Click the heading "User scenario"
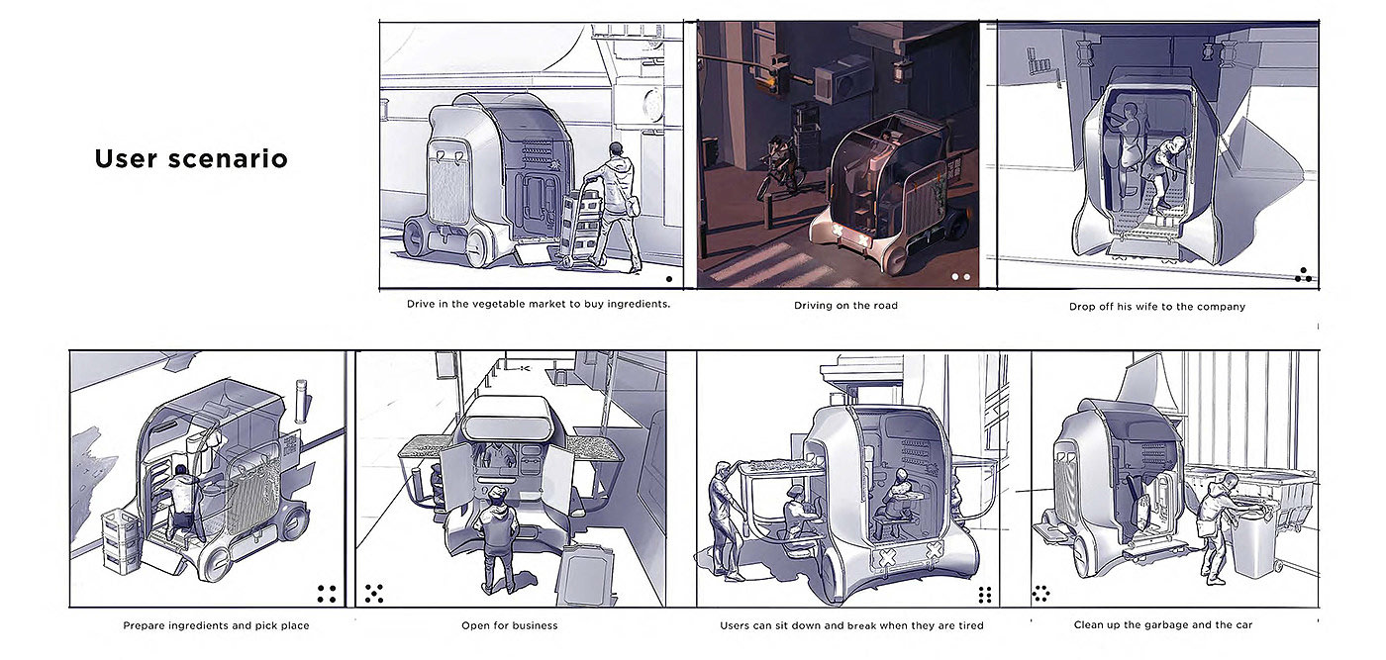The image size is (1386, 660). click(x=191, y=158)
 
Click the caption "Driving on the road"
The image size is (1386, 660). click(x=845, y=305)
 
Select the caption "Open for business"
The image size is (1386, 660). click(x=509, y=625)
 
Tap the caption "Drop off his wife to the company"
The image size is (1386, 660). click(x=1157, y=306)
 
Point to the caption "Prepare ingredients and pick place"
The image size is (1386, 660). click(x=216, y=625)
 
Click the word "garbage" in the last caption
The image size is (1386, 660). click(x=1168, y=624)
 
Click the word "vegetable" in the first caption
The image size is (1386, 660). click(x=481, y=304)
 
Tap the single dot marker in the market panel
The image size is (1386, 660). click(x=669, y=279)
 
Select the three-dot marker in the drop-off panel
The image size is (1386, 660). click(x=1303, y=275)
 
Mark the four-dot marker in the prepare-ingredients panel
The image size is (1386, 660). click(x=327, y=594)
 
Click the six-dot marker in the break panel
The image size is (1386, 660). click(x=985, y=595)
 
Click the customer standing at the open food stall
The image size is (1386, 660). click(x=499, y=538)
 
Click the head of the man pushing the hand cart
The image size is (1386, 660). click(x=615, y=150)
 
